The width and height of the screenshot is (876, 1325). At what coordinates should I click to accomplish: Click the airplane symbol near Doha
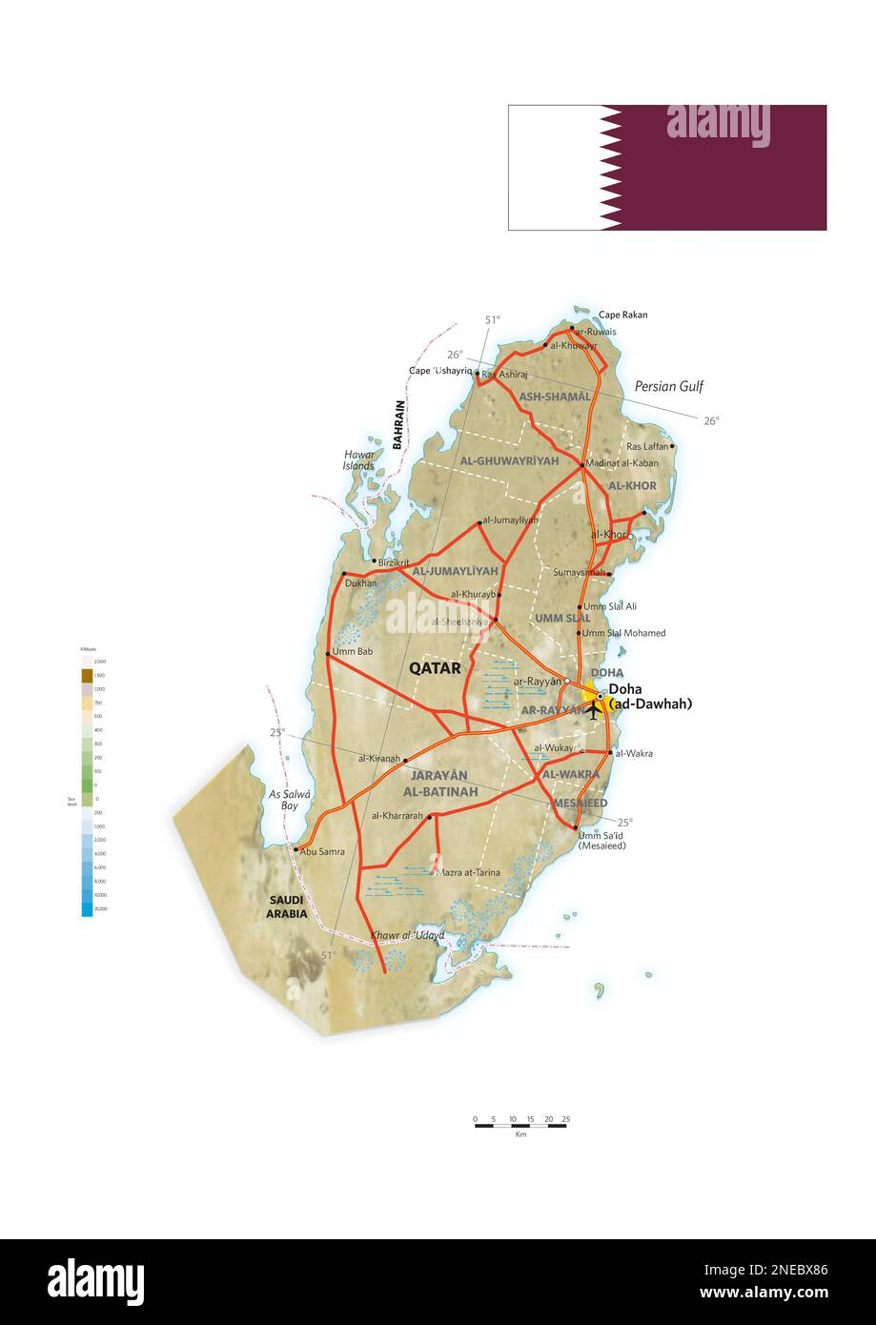pyautogui.click(x=594, y=709)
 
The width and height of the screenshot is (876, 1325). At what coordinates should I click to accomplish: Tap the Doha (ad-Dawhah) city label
pyautogui.click(x=649, y=697)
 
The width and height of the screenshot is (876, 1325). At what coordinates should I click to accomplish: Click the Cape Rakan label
pyautogui.click(x=622, y=315)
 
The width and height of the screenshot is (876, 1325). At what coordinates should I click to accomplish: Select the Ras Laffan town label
pyautogui.click(x=647, y=446)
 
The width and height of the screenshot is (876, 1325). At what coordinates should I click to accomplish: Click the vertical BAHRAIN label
pyautogui.click(x=399, y=424)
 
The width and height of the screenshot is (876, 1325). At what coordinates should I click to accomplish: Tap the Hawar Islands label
pyautogui.click(x=359, y=460)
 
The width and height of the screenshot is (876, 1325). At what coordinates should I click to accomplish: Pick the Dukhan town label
pyautogui.click(x=361, y=582)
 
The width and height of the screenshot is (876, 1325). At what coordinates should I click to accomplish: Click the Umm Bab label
pyautogui.click(x=352, y=652)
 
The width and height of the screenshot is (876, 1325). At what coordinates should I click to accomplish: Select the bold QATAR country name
pyautogui.click(x=435, y=668)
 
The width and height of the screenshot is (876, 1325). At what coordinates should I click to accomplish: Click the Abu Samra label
pyautogui.click(x=322, y=851)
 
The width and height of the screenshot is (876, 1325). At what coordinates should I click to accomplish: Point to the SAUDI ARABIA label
pyautogui.click(x=287, y=907)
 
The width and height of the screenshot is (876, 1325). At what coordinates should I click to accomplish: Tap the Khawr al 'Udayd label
pyautogui.click(x=408, y=935)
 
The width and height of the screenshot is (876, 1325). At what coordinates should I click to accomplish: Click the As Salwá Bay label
pyautogui.click(x=283, y=800)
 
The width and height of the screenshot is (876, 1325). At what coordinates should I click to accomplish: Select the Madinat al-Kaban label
pyautogui.click(x=621, y=463)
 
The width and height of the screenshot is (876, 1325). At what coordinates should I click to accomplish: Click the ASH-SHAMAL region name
pyautogui.click(x=554, y=396)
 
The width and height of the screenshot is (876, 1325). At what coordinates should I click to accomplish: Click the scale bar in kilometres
pyautogui.click(x=520, y=1126)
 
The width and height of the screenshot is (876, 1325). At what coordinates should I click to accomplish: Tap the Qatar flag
pyautogui.click(x=666, y=168)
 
